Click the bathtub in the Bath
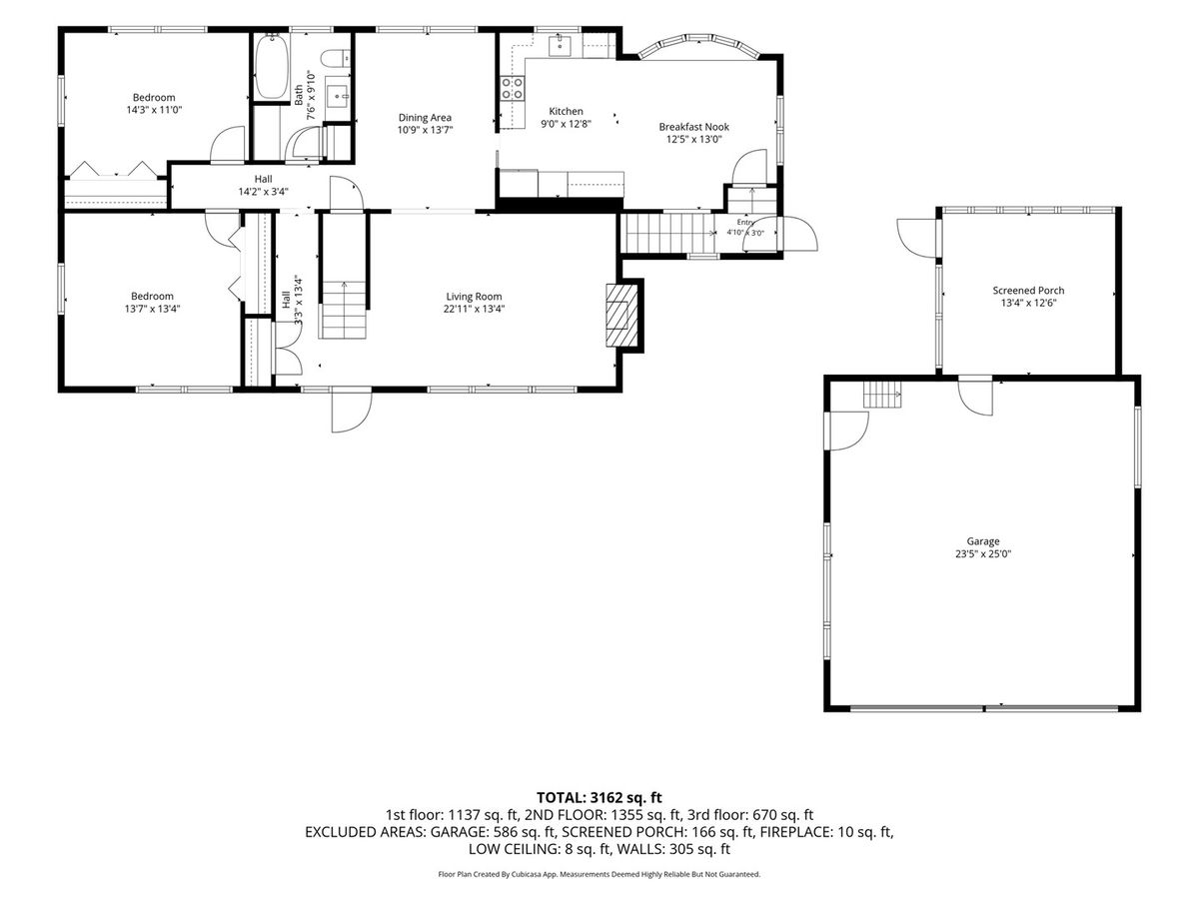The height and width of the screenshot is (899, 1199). point(271,67)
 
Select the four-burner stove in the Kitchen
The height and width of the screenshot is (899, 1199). point(513,89)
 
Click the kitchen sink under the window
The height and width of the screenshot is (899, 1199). point(559,45)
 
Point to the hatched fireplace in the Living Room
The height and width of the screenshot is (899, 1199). point(621,315)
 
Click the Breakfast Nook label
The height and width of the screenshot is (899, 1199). point(693,127)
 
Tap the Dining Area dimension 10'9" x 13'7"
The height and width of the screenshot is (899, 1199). point(425,130)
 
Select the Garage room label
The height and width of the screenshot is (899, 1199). point(983,541)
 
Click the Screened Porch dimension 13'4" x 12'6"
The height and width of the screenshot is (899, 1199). point(1028,303)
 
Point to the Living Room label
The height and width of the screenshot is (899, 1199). point(474,297)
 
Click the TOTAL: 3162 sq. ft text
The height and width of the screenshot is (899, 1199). point(599,797)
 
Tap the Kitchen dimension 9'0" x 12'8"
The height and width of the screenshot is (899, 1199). point(566,124)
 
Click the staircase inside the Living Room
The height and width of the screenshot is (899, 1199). point(343,310)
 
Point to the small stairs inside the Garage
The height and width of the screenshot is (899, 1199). point(882,394)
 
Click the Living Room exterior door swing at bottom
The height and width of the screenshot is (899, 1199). point(352,410)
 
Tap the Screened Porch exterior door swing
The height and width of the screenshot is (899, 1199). point(917,238)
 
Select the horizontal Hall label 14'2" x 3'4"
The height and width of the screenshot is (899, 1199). point(264,185)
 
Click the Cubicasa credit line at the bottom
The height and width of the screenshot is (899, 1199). point(599,874)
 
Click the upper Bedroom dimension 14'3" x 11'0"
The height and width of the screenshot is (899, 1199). point(154,110)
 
